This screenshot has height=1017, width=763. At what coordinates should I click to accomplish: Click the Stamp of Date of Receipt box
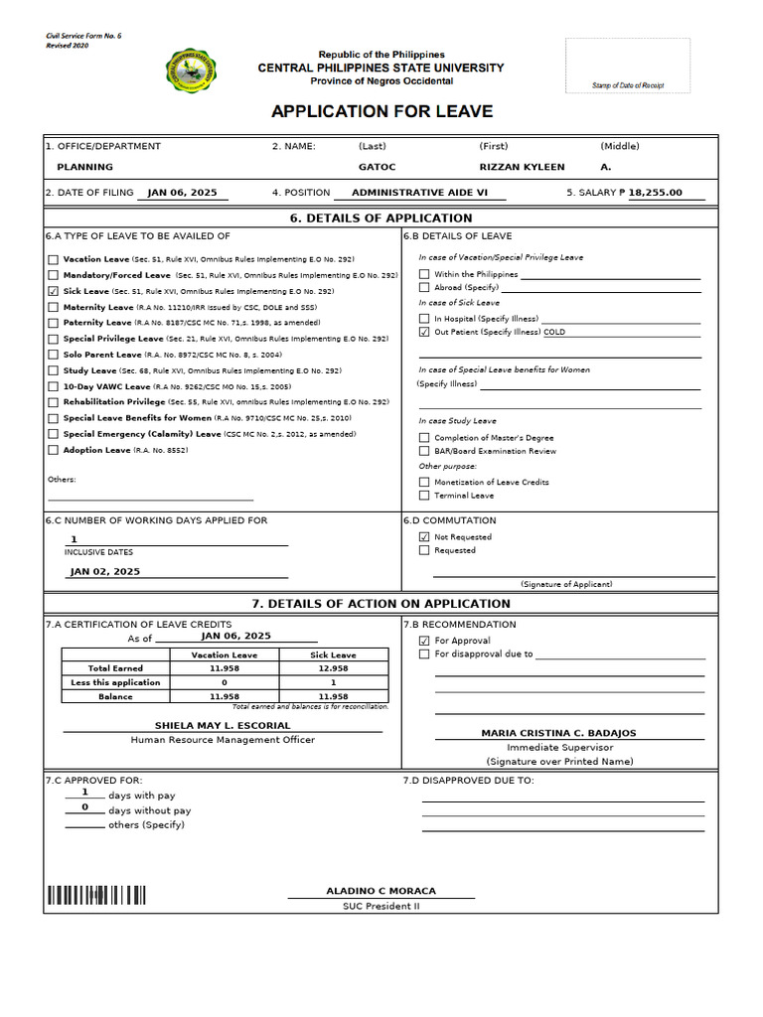[627, 67]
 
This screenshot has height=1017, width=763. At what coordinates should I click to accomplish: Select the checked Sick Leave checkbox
[54, 292]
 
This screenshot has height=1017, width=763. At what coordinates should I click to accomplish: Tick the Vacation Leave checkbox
[54, 259]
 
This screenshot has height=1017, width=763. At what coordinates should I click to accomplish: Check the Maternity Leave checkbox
[54, 308]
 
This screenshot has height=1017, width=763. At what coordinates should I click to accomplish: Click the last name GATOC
[377, 167]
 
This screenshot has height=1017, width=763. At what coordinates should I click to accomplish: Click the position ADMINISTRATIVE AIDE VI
[420, 193]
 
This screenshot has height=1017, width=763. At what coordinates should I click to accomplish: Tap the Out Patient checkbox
[424, 333]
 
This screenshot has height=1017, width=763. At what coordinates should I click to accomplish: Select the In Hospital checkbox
[424, 319]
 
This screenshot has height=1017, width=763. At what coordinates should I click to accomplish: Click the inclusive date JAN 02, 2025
[105, 572]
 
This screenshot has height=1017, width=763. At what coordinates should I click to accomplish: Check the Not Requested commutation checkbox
[424, 537]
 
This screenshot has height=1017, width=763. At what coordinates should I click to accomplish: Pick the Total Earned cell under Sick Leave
[333, 669]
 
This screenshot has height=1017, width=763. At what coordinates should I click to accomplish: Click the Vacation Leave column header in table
[224, 655]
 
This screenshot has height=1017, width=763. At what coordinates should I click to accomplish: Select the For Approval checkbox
[424, 642]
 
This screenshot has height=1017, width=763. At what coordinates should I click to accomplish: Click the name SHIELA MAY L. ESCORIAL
[223, 726]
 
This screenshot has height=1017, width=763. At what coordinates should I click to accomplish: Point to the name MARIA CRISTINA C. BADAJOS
[558, 733]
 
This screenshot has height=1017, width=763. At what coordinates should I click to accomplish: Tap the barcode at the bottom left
[94, 896]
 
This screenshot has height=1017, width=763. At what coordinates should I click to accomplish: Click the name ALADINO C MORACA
[381, 891]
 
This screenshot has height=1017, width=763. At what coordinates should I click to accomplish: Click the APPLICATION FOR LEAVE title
[381, 112]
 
